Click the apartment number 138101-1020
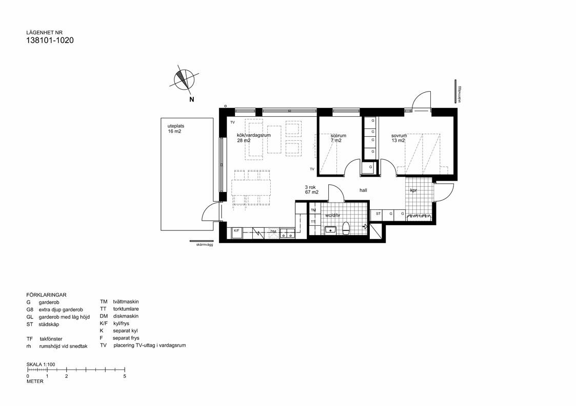[50, 40]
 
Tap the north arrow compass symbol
[183, 79]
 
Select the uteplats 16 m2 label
[174, 129]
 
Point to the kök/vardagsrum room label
[253, 138]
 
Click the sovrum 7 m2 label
[338, 138]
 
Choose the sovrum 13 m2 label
[399, 138]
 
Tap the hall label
[363, 190]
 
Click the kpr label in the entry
[413, 190]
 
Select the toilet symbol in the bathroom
[346, 228]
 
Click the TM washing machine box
[313, 210]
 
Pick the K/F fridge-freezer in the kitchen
[236, 231]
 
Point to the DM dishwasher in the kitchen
[273, 232]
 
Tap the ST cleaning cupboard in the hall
[378, 213]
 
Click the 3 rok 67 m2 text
[312, 190]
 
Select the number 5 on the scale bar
[125, 376]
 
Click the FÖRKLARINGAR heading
[46, 295]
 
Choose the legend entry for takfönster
[51, 339]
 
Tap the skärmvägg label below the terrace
[204, 245]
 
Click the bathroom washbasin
[330, 230]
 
